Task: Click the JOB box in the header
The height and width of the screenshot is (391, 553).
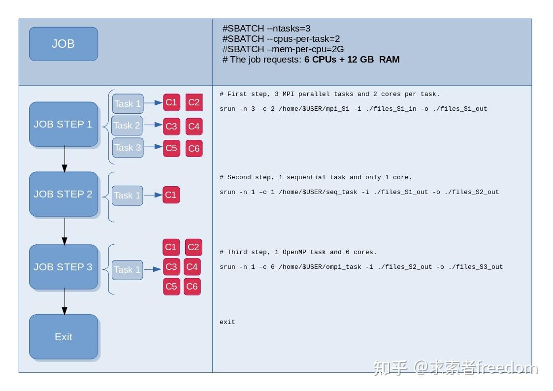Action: tap(64, 44)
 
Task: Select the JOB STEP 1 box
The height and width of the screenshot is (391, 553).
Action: tap(64, 124)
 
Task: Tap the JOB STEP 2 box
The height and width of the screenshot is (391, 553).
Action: tap(64, 194)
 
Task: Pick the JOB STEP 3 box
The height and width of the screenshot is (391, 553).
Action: tap(64, 267)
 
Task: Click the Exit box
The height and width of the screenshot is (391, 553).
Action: tap(64, 337)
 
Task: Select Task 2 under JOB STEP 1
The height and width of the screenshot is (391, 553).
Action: tap(127, 126)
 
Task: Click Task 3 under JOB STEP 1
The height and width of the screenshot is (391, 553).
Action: tap(128, 148)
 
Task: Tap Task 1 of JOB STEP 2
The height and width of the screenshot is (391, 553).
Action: tap(127, 195)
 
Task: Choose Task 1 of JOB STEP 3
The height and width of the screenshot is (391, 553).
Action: tap(127, 270)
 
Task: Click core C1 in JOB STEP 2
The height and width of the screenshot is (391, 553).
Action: tap(171, 195)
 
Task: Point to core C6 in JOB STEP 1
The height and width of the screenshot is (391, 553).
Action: tap(194, 148)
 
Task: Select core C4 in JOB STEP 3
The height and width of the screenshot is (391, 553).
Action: tap(192, 267)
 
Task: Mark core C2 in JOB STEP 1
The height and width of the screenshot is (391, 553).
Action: tap(194, 102)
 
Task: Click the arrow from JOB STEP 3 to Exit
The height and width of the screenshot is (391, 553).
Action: tap(65, 302)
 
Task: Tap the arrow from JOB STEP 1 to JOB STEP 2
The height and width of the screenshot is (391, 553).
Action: tap(65, 159)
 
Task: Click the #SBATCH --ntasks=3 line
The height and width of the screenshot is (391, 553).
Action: tap(266, 29)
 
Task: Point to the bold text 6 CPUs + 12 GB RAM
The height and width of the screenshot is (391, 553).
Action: tap(352, 60)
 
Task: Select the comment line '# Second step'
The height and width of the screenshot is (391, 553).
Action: tap(316, 177)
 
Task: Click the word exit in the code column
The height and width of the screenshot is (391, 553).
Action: tap(228, 322)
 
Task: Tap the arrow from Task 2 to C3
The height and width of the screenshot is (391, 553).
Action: tap(153, 126)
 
